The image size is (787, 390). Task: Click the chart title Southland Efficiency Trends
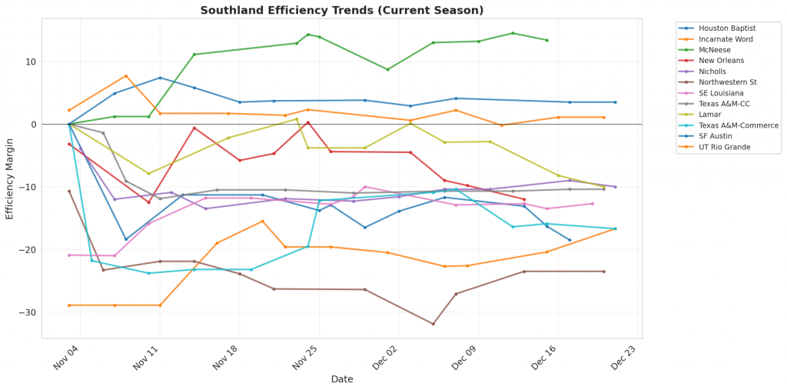coord(342,10)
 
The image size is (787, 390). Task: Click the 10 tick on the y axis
coord(31,62)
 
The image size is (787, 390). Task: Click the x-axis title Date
coord(342,379)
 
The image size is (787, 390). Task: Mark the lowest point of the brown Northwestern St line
coord(433,324)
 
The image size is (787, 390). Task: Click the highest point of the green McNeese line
coord(513,33)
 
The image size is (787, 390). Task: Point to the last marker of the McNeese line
coord(546,40)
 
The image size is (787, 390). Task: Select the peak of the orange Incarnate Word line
coord(126,75)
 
